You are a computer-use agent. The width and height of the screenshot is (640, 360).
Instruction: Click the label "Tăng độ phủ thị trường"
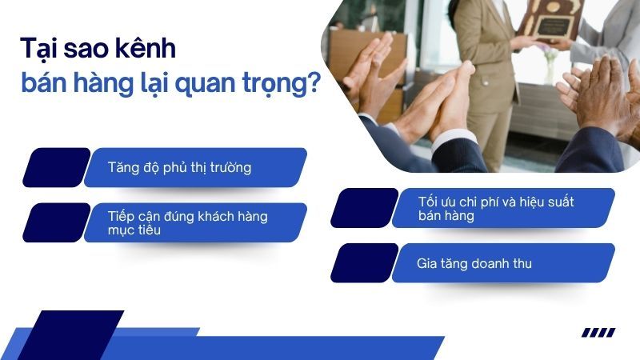tap(179, 167)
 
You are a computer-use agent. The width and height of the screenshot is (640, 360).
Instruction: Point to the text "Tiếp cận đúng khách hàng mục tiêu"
tap(187, 223)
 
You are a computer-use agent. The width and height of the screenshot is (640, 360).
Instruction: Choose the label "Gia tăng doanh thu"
tap(474, 263)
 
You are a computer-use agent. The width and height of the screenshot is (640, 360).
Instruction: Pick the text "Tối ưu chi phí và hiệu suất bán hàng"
tap(495, 208)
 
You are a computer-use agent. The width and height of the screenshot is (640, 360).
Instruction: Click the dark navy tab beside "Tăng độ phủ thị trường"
tap(56, 167)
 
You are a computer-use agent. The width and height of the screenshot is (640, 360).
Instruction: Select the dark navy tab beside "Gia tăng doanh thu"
tap(364, 262)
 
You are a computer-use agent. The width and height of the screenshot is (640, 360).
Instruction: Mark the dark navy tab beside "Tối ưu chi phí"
tap(364, 208)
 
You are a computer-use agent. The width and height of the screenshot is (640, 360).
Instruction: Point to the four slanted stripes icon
tap(598, 333)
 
